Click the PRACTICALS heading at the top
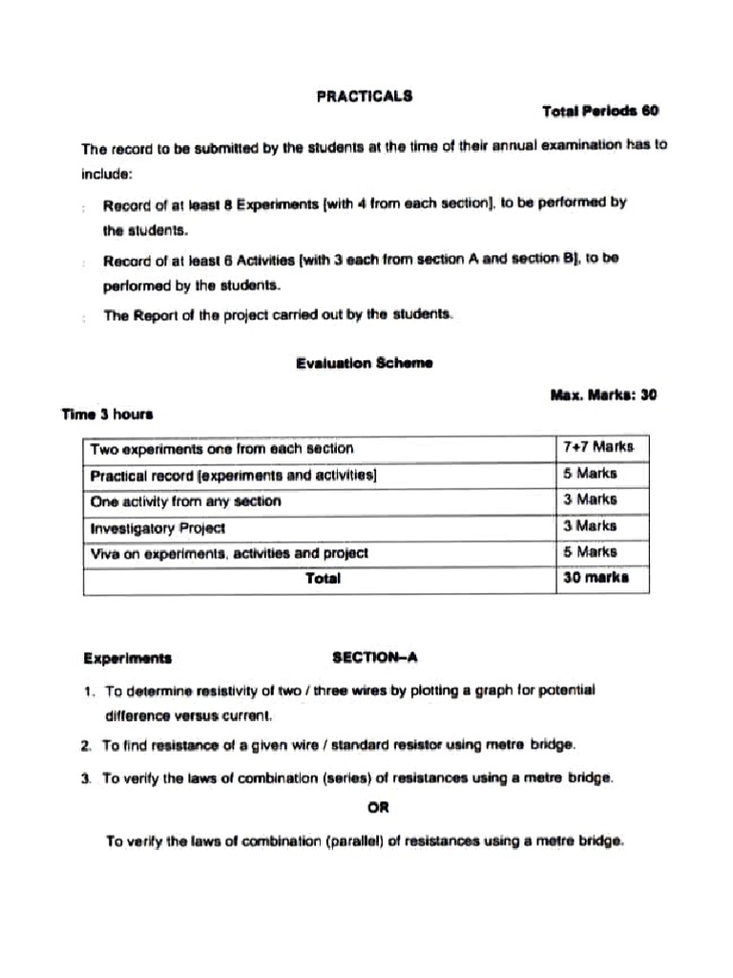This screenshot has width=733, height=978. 365,96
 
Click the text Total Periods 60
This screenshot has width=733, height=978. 600,111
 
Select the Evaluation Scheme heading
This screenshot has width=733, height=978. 364,363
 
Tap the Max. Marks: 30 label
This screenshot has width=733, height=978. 603,393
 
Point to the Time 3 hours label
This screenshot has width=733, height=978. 107,415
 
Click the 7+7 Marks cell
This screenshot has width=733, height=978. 599,447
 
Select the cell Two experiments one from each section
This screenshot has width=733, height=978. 221,448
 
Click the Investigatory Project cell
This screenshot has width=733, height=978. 157,526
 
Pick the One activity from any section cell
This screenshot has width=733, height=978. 185,500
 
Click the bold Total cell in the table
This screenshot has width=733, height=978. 323,579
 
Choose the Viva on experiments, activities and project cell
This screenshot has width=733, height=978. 229,552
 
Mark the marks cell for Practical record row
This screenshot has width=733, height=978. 591,474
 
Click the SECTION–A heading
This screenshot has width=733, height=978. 375,657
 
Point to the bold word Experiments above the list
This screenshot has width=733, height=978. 127,658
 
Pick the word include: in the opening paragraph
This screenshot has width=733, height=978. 106,175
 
